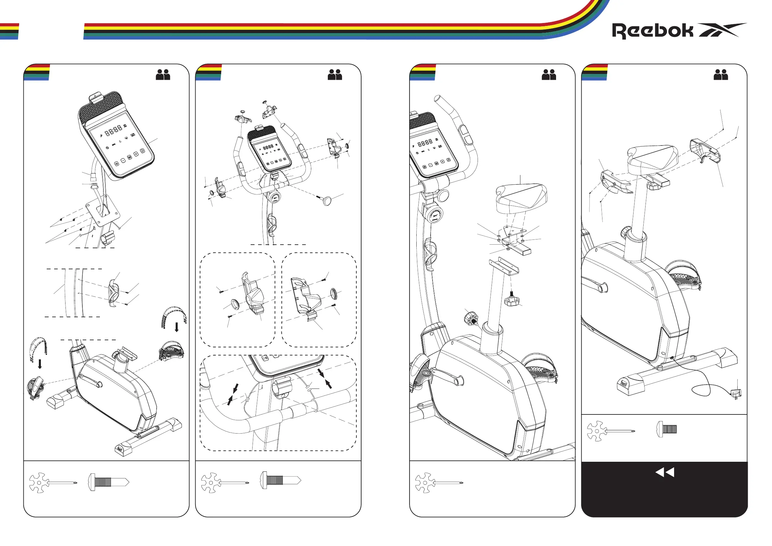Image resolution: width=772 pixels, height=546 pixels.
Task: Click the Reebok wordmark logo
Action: (652, 31)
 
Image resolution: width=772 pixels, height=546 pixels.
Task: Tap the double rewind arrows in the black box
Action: (665, 472)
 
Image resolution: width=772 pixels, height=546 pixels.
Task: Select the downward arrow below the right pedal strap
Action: (177, 327)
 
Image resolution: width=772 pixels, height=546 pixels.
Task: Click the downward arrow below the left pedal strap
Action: (40, 364)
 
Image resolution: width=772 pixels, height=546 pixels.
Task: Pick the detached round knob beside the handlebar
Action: (327, 201)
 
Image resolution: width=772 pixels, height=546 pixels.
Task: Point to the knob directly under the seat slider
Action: (512, 299)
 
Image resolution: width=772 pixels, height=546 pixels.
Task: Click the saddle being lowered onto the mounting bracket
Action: (521, 198)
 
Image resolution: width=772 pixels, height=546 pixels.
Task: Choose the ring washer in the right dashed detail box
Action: (334, 293)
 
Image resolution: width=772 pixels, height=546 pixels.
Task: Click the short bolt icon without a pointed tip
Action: (666, 429)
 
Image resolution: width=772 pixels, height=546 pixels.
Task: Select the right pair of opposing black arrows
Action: (325, 378)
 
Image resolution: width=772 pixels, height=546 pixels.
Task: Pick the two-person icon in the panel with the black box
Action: (720, 75)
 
